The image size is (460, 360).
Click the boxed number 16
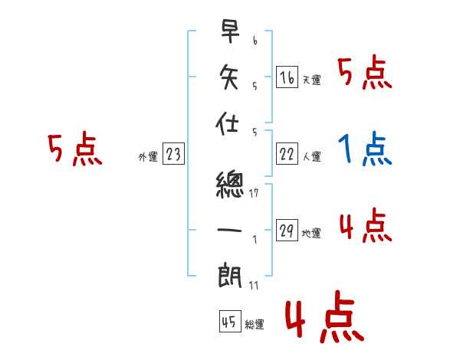click(287, 77)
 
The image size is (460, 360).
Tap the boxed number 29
click(287, 231)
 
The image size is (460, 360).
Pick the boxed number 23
click(173, 155)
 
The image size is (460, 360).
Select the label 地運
click(311, 234)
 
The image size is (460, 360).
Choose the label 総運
click(255, 325)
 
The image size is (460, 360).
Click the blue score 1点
click(364, 149)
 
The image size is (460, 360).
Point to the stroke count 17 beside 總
click(255, 193)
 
